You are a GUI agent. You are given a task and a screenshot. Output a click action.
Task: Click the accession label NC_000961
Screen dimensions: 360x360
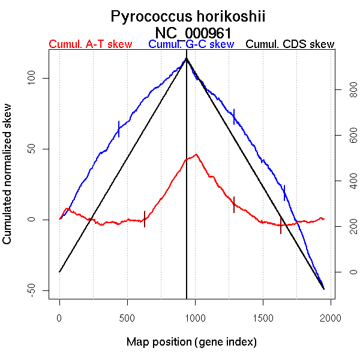[x=193, y=32]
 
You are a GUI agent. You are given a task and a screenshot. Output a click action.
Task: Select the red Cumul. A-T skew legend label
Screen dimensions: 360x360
[x=90, y=45]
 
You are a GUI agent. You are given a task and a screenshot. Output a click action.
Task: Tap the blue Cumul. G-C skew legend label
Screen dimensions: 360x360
[x=191, y=45]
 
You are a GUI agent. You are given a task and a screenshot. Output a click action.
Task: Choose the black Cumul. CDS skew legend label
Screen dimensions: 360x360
[x=290, y=45]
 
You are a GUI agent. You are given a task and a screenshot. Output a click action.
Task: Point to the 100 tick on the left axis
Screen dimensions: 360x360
[x=37, y=78]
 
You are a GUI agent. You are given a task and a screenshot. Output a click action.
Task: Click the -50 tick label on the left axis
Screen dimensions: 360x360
[x=37, y=290]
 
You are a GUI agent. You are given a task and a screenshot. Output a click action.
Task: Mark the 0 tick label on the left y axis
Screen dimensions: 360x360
[x=37, y=220]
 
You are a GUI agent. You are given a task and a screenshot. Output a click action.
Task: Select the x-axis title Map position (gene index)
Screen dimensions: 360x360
[x=191, y=343]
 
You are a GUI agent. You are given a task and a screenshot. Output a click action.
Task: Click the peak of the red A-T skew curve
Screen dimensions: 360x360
[x=196, y=154]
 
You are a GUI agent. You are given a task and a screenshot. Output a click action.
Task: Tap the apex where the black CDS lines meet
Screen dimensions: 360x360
[x=187, y=58]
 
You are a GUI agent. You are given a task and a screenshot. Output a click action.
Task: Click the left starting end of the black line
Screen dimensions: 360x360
[x=59, y=272]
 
